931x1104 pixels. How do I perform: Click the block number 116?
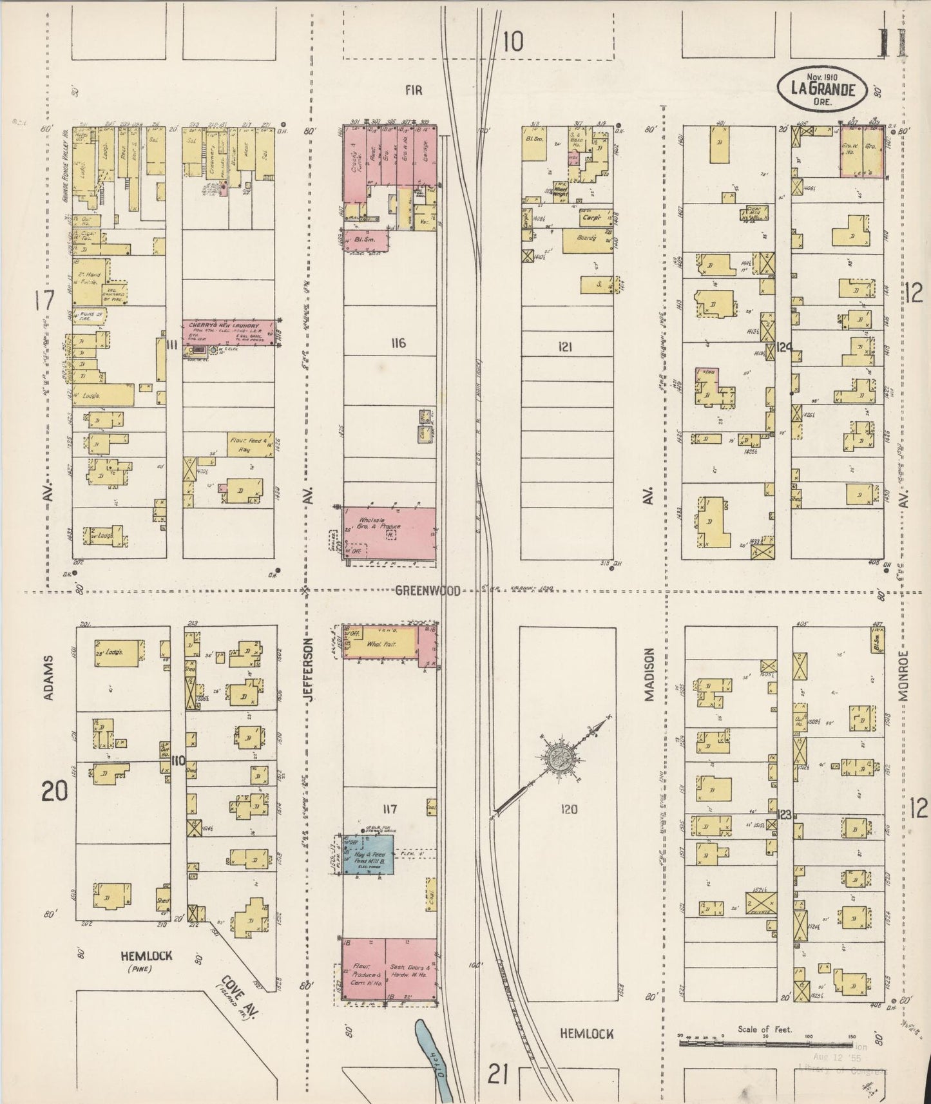[398, 343]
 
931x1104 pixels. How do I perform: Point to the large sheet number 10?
[513, 43]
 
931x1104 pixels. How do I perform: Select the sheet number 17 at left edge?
[44, 301]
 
